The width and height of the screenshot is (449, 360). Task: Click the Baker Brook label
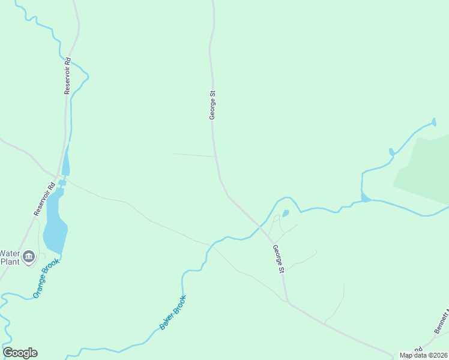173,312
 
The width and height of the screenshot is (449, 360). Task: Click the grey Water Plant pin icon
28,258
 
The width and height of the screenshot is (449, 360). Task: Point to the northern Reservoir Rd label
68,76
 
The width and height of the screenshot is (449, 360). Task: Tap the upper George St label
212,105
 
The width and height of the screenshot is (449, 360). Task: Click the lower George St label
278,260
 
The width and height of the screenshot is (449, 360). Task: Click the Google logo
20,353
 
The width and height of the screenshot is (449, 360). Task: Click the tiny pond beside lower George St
286,212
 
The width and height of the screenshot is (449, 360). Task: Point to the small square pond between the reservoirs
62,182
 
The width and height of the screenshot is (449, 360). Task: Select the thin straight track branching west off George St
193,155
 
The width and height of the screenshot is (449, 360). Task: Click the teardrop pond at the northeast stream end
433,124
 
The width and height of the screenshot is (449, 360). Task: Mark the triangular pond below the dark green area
365,197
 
